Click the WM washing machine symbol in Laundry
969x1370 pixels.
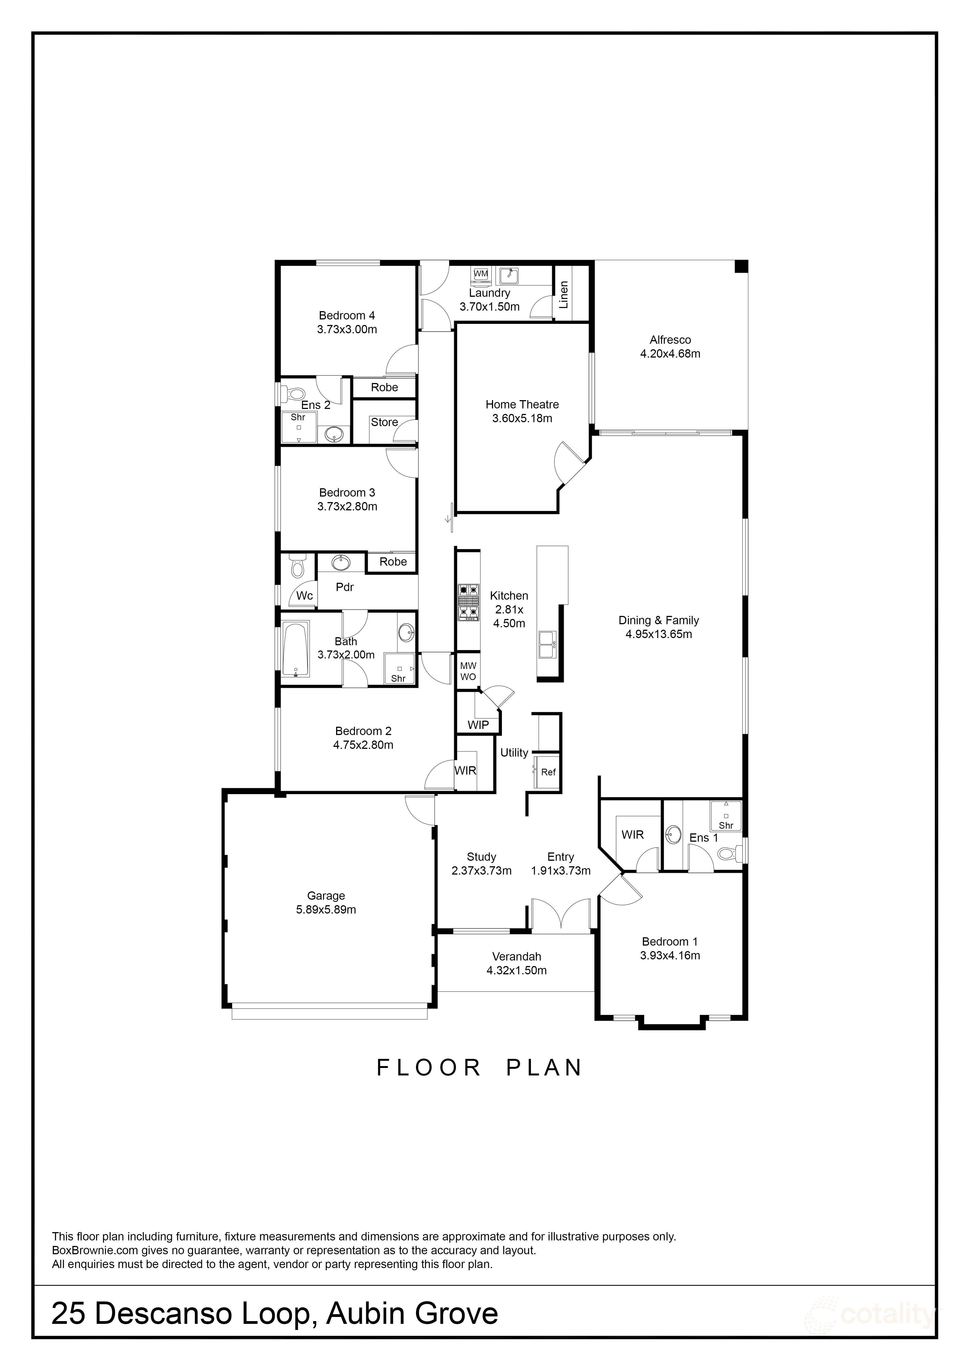tap(480, 274)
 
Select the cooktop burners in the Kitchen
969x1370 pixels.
tap(468, 602)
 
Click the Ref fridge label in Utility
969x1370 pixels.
tap(548, 772)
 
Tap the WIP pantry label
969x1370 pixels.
tap(478, 725)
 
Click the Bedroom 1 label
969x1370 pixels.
tap(669, 942)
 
